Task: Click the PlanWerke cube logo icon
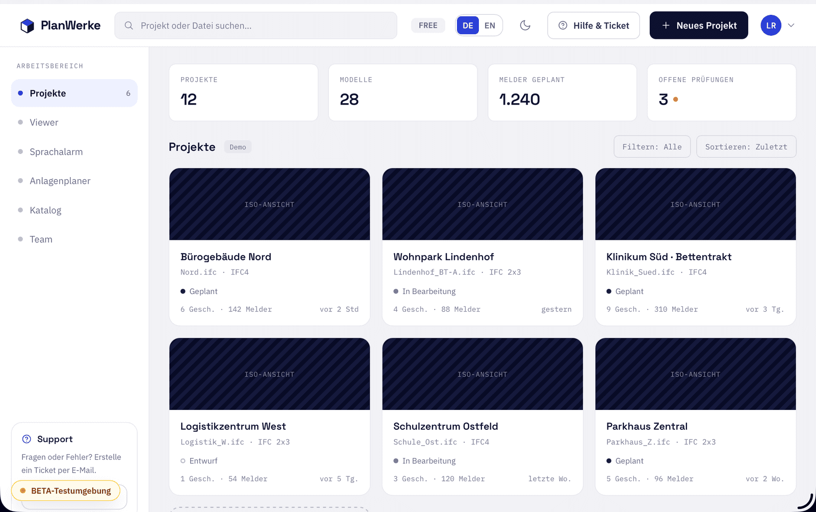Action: point(28,26)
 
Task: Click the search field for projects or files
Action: point(256,26)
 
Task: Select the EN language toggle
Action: point(490,26)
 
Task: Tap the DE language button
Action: point(468,26)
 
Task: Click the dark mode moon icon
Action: point(525,26)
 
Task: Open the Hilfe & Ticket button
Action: point(594,26)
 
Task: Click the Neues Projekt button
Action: point(699,26)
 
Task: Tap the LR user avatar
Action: point(771,26)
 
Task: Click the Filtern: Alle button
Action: point(652,147)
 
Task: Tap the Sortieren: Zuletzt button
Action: point(746,147)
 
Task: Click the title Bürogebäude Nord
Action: point(226,257)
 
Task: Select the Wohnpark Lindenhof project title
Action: point(444,257)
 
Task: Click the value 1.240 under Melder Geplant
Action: point(520,99)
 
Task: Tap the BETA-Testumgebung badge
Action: point(66,491)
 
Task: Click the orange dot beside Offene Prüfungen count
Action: point(675,99)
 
